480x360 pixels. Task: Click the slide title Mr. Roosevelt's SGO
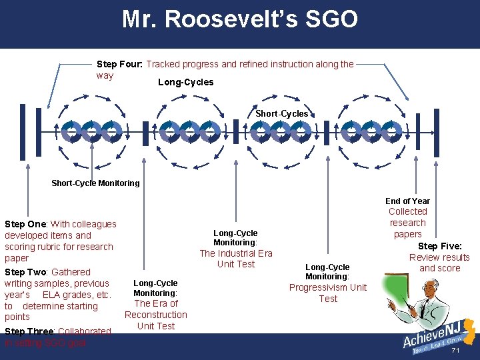[239, 19]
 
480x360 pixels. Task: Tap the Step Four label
[120, 64]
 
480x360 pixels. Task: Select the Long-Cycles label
[185, 82]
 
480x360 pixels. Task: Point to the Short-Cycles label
[282, 113]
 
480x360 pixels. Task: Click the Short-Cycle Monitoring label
[95, 183]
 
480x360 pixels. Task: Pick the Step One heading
[26, 224]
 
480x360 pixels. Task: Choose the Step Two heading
[26, 272]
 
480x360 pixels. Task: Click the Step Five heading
[439, 246]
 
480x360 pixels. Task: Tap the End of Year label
[407, 201]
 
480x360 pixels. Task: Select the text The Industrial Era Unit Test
[236, 259]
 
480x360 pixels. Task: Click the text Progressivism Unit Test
[327, 293]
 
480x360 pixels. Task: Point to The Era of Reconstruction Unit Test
[156, 315]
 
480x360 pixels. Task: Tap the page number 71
[456, 350]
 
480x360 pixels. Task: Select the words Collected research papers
[407, 223]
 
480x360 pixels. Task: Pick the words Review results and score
[439, 263]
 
